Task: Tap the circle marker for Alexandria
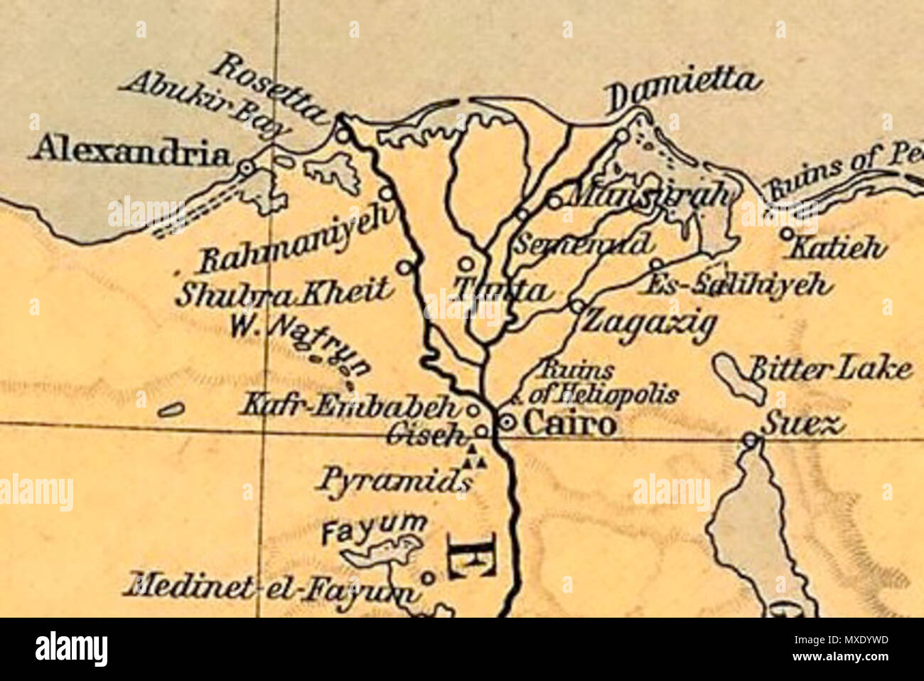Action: point(245,169)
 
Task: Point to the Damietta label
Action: point(684,90)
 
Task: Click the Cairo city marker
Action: point(507,422)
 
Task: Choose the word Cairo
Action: point(569,424)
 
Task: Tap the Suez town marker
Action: point(751,440)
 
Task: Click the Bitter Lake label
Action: point(830,369)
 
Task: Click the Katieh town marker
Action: point(787,233)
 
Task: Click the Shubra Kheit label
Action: point(283,293)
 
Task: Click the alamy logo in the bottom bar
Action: point(71,649)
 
